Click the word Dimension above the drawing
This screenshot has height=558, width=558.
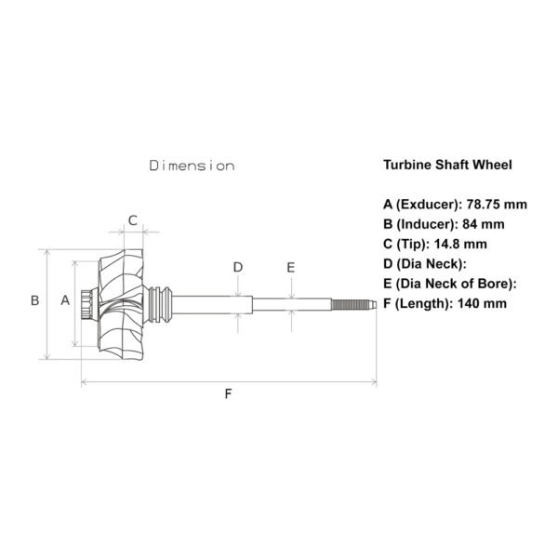tap(192, 166)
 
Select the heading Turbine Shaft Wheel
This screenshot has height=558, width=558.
tap(447, 165)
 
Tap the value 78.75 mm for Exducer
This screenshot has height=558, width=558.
tap(497, 205)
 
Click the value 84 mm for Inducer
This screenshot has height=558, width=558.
tap(484, 224)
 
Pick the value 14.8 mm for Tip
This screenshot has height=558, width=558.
tap(460, 244)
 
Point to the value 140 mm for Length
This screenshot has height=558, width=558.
tap(482, 303)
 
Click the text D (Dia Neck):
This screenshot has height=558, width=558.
tap(425, 264)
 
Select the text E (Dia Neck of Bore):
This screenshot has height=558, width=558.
tap(450, 284)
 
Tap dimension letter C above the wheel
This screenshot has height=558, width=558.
tap(133, 220)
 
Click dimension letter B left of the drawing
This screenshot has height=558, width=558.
tap(35, 300)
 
